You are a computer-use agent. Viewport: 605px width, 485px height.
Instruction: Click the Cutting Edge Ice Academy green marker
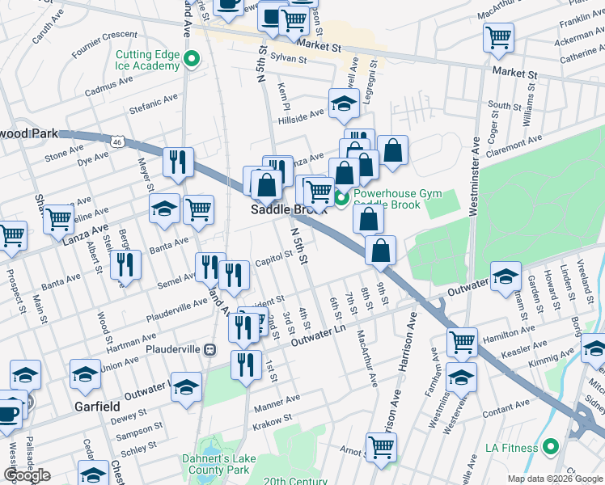(192, 59)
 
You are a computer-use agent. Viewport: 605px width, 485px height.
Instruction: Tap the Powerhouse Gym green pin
(341, 197)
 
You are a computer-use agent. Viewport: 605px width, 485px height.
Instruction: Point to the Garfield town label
(98, 406)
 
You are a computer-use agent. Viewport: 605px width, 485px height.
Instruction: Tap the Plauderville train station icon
(210, 349)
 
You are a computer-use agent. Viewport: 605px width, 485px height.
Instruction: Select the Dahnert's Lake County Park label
(217, 465)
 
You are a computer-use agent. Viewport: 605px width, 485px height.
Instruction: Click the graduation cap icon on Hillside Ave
(343, 103)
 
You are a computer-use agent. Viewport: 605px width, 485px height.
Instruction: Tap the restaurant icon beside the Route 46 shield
(177, 162)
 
